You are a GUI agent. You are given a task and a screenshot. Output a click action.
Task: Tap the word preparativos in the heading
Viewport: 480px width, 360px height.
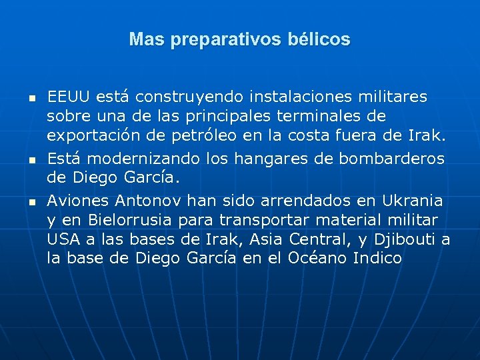tap(214, 41)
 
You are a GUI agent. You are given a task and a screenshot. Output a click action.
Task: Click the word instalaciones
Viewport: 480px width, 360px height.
tap(283, 97)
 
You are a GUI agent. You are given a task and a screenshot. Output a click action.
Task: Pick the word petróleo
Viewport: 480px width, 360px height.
tap(245, 137)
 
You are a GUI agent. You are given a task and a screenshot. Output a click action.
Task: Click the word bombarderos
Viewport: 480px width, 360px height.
tap(391, 159)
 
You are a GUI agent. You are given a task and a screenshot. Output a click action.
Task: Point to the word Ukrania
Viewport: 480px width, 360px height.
tap(412, 201)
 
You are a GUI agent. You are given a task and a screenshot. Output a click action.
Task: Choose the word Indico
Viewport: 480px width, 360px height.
tap(378, 259)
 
